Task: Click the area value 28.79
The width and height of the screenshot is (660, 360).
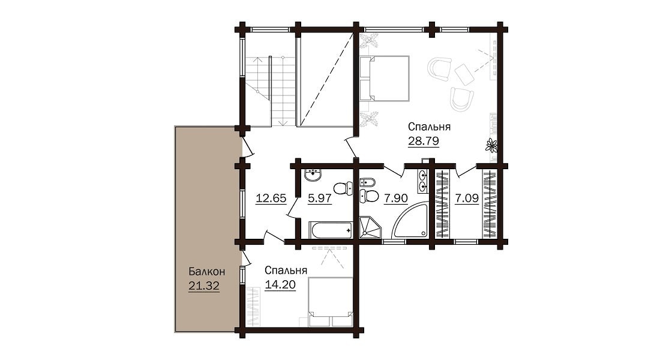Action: click(424, 140)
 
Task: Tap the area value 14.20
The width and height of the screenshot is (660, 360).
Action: click(280, 284)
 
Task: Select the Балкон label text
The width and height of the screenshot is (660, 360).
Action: click(206, 272)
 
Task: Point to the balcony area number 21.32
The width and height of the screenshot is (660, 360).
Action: click(204, 286)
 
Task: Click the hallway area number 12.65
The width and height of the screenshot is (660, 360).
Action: click(271, 198)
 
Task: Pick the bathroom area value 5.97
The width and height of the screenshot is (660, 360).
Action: click(319, 198)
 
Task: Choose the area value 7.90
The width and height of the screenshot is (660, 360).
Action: click(395, 198)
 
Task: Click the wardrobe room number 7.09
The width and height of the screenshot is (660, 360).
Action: click(467, 198)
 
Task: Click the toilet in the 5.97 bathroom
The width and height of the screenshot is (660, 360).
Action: click(343, 188)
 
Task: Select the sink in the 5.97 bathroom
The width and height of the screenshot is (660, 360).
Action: click(313, 175)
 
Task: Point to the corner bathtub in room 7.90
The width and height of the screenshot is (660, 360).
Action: click(410, 222)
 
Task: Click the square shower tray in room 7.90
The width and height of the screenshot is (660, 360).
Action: click(370, 228)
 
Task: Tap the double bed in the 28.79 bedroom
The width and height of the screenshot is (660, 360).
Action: click(384, 79)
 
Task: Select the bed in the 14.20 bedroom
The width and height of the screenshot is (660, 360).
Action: click(331, 301)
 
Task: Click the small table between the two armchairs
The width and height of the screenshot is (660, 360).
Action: click(464, 74)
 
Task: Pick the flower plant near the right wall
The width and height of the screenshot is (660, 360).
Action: click(491, 145)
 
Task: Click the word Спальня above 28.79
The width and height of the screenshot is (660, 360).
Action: click(430, 127)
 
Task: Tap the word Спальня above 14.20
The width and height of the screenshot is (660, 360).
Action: click(286, 270)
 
